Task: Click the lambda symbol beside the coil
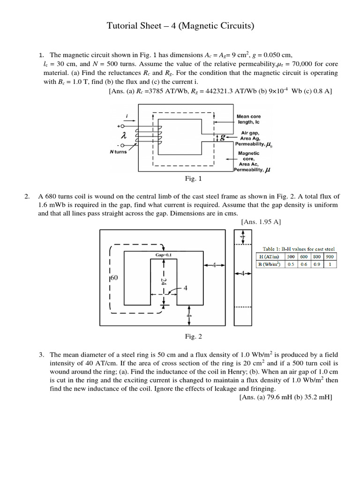(124, 135)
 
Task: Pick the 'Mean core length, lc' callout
(249, 119)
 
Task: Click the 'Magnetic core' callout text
(249, 156)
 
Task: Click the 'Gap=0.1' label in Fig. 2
(164, 255)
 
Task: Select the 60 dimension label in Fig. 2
(114, 277)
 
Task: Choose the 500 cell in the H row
(291, 256)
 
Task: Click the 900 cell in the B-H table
(330, 256)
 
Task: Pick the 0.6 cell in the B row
(304, 264)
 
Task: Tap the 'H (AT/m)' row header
(269, 256)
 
